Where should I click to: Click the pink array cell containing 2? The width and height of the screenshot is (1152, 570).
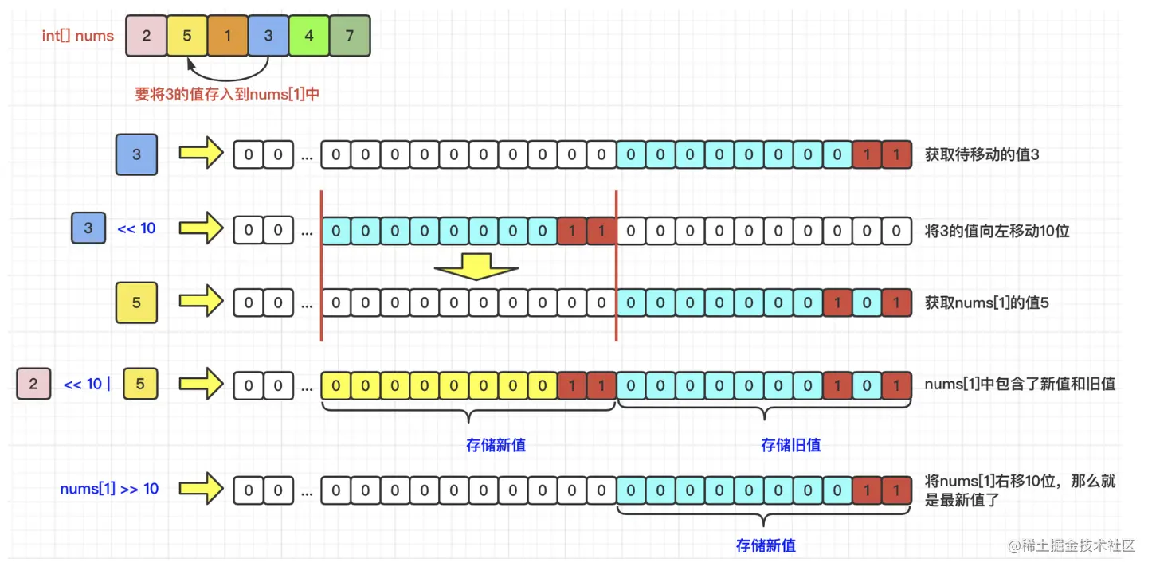pos(146,36)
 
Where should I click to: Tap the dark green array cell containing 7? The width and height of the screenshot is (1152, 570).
pos(350,36)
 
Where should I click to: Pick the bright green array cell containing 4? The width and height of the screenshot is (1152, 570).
pos(308,36)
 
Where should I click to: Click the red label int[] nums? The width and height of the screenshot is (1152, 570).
pos(78,36)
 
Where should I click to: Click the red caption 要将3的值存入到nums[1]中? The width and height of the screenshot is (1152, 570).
pos(227,94)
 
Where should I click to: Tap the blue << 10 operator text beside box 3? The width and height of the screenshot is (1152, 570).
pos(136,228)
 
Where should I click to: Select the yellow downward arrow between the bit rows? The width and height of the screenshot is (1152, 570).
pos(476,267)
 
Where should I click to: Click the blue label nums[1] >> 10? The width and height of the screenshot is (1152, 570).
pos(109,489)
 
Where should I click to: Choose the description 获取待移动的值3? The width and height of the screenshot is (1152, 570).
pos(982,154)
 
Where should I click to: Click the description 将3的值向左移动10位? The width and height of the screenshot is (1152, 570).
pos(997,231)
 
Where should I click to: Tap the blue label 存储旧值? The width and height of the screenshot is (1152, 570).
pos(790,445)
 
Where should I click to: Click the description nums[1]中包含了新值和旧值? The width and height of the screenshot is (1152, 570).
pos(1020,385)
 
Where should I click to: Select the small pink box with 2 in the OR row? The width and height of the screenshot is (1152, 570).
pos(33,384)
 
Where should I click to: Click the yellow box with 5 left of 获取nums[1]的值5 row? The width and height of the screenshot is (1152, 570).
pos(136,303)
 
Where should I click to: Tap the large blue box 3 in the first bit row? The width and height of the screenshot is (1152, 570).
pos(136,154)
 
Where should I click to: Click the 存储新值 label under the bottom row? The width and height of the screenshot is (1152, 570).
pos(766,545)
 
